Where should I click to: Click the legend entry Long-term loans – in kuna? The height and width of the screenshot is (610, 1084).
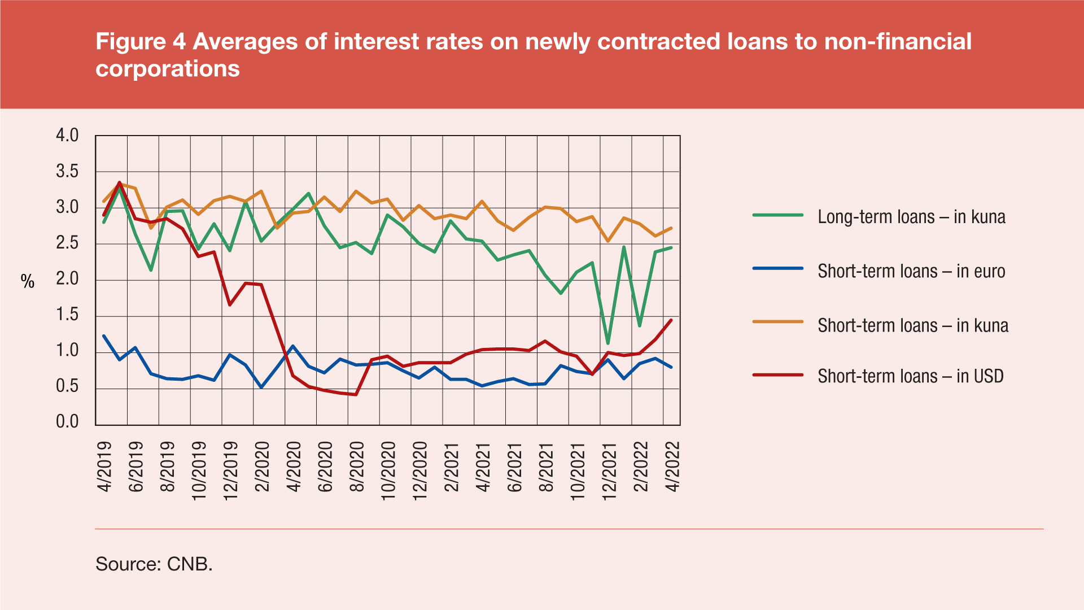[911, 217]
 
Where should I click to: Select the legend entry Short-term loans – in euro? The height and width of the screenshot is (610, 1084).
[911, 271]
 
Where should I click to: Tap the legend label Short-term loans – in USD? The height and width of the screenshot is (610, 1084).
[910, 376]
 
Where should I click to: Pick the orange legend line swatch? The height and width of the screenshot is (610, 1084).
[777, 322]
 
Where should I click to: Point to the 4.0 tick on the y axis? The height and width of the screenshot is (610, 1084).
[67, 136]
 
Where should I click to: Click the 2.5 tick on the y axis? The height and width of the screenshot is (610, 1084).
[67, 243]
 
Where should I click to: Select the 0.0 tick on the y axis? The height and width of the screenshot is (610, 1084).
[67, 422]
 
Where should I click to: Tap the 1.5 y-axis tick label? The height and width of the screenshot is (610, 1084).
[67, 315]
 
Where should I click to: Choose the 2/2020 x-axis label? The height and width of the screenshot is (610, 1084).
[263, 467]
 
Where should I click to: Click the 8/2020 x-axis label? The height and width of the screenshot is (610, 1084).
[357, 467]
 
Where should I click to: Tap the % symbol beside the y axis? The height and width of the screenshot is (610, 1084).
[28, 281]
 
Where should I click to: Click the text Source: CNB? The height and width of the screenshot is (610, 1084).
[154, 564]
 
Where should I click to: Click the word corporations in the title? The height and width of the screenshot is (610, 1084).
[168, 69]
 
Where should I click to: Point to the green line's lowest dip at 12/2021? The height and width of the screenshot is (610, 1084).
[608, 343]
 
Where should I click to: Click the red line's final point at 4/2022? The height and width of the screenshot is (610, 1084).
[671, 320]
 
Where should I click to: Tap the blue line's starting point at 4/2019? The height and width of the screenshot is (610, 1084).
[104, 336]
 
